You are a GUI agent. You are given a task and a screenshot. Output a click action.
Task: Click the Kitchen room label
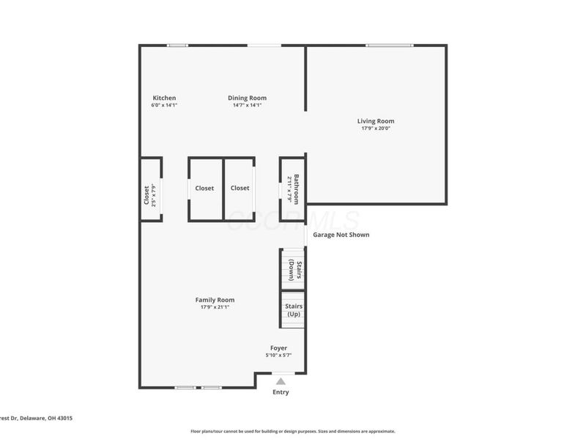[x=164, y=98]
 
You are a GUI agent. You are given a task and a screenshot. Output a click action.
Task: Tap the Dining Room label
[x=247, y=98]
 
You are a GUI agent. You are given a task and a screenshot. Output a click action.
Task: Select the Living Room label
[x=376, y=121]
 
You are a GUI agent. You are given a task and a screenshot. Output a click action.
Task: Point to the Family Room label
[x=215, y=300]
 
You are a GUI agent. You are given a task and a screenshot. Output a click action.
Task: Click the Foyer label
[x=278, y=348]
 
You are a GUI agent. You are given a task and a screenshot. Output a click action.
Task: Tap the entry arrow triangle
[x=281, y=381]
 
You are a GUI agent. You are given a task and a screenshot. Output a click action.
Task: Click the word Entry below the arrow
[x=281, y=392]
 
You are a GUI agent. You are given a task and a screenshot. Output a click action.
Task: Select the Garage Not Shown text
[x=341, y=235]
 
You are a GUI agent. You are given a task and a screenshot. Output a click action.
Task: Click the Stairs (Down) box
[x=293, y=270]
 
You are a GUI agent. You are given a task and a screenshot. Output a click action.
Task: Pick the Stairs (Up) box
[x=293, y=309]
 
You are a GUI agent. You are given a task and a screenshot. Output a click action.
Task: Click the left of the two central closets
[x=205, y=188]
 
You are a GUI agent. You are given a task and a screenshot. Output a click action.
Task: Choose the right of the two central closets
[x=240, y=188]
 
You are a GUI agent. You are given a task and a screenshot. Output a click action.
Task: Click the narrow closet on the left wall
[x=150, y=189]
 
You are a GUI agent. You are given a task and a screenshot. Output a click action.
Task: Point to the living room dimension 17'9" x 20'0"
[x=376, y=129]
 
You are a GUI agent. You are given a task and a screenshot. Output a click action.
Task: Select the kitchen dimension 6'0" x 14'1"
[x=164, y=106]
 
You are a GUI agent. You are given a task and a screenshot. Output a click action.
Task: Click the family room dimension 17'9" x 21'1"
[x=215, y=307]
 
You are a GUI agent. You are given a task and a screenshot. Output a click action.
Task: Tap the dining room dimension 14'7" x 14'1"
[x=247, y=106]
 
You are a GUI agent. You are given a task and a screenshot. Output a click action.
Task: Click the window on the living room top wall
[x=389, y=45]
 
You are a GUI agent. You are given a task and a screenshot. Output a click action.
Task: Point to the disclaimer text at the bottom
[x=293, y=431]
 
